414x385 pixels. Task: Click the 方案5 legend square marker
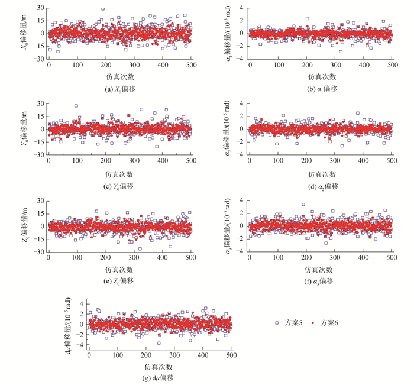pyautogui.click(x=277, y=323)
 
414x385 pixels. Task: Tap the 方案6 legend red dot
pyautogui.click(x=313, y=323)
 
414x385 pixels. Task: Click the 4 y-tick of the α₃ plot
pyautogui.click(x=240, y=200)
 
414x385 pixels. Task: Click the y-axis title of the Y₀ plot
pyautogui.click(x=26, y=129)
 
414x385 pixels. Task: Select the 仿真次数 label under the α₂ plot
pyautogui.click(x=321, y=174)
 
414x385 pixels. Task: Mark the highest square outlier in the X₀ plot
pyautogui.click(x=103, y=9)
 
